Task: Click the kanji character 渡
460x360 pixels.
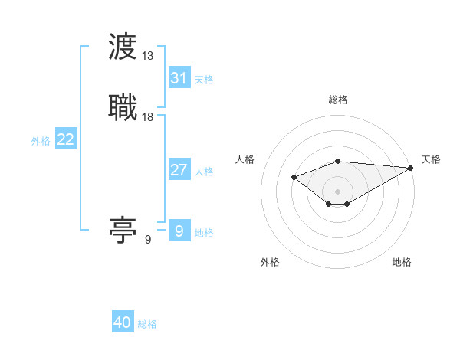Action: coord(123,47)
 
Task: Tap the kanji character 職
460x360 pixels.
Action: coord(123,106)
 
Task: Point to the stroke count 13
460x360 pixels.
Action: coord(148,56)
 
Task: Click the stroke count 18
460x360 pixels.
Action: coord(148,116)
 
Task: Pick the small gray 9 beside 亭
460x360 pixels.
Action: coord(148,240)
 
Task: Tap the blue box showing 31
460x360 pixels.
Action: coord(179,77)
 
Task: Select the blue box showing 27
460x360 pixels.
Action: coord(179,169)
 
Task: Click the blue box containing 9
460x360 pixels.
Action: coord(179,231)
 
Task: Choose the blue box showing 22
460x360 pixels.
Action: coord(66,139)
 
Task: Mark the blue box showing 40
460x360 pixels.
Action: coord(123,322)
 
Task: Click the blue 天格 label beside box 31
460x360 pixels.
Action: coord(204,79)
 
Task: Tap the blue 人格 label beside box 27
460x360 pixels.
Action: coord(204,171)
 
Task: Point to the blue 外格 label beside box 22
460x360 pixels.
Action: coord(41,141)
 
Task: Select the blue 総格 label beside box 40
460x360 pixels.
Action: coord(147,324)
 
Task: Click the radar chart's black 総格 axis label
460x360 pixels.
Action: coord(338,100)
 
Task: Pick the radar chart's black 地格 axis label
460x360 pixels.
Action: coord(402,262)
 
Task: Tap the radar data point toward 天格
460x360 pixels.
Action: coord(412,168)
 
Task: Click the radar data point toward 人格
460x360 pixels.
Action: coord(294,177)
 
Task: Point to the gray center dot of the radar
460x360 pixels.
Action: coord(338,191)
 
